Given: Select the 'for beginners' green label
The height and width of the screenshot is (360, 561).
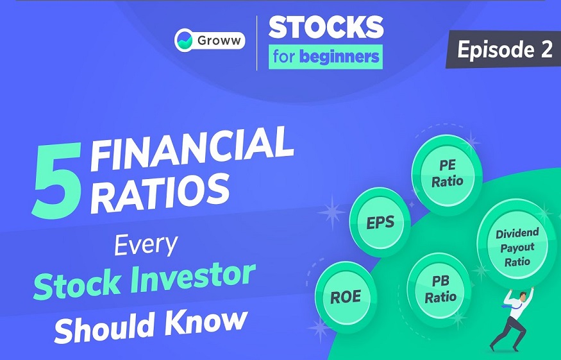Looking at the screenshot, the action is click(326, 56).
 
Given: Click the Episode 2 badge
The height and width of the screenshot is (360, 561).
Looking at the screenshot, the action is click(504, 49).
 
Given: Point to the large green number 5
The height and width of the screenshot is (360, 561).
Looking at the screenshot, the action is click(57, 179).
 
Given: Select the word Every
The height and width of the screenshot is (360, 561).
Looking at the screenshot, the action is click(146, 245).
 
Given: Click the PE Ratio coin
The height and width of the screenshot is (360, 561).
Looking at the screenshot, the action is click(447, 174).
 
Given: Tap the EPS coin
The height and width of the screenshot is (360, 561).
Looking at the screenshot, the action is click(380, 222).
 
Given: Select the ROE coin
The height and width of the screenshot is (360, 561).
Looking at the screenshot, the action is click(346, 297).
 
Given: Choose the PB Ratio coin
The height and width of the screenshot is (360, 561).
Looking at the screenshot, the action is click(440, 289).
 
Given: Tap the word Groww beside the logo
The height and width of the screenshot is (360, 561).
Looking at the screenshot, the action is click(219, 40).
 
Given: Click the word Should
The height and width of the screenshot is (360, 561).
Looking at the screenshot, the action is click(106, 327).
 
